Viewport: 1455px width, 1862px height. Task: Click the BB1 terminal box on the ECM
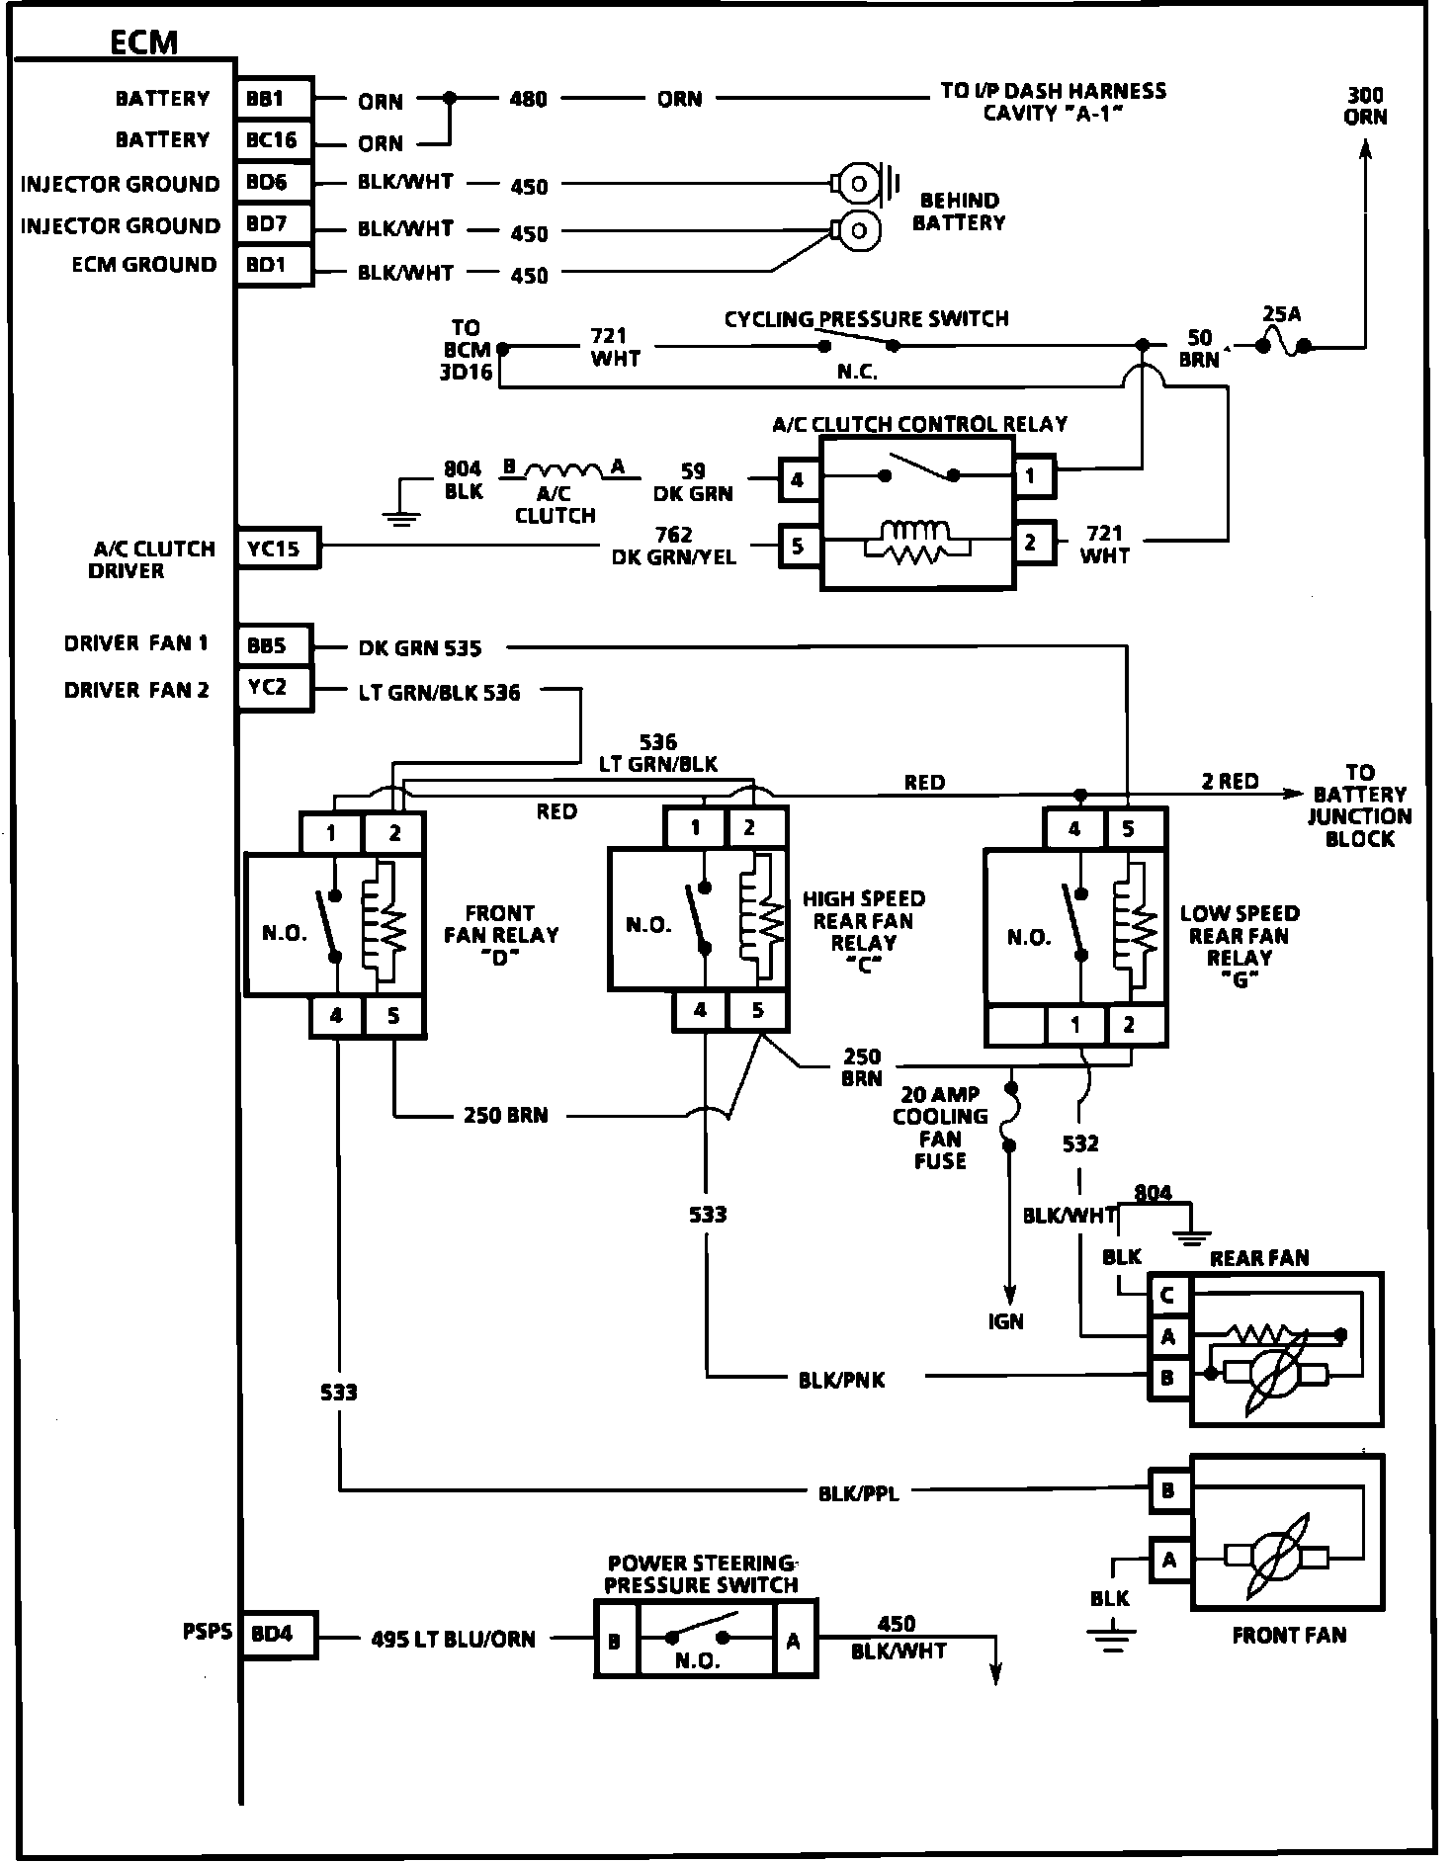point(273,99)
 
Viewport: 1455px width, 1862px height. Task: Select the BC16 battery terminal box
point(273,140)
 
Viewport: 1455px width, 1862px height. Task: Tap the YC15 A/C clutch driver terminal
point(277,549)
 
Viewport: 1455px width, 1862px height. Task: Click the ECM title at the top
point(144,42)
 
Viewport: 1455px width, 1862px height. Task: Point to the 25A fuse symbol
point(1282,345)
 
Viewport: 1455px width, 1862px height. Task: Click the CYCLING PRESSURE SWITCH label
point(866,319)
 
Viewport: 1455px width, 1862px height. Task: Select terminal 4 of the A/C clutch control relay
point(798,480)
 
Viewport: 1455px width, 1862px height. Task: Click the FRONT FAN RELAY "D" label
point(501,935)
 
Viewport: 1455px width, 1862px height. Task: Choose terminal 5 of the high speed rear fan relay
point(758,1010)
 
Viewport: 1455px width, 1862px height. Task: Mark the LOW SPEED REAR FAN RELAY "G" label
point(1240,947)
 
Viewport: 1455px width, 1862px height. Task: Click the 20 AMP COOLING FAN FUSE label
point(940,1128)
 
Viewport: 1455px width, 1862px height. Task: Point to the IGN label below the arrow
point(1006,1321)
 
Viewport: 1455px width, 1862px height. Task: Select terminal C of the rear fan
point(1168,1295)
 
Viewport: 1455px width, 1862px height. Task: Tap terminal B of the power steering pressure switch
point(615,1642)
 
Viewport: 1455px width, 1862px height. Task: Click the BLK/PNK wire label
point(841,1381)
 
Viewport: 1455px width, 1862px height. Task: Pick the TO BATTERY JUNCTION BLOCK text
point(1359,805)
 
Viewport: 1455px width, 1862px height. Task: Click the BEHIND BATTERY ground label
point(958,212)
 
